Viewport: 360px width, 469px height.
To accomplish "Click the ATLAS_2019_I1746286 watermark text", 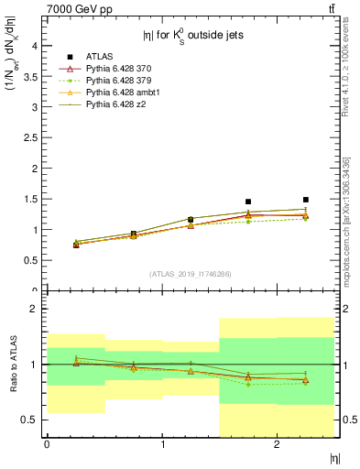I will tap(190, 274).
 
